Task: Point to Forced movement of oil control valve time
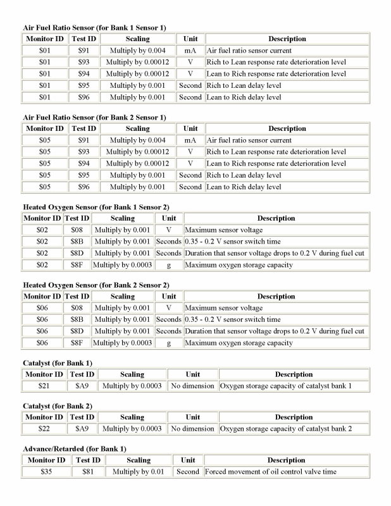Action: click(270, 472)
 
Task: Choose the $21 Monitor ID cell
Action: click(43, 386)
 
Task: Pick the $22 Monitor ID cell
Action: click(43, 429)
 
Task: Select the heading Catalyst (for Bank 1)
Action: click(58, 362)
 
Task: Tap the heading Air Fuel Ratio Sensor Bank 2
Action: click(94, 117)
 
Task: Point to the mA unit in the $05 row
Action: click(190, 140)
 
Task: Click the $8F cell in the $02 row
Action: click(77, 265)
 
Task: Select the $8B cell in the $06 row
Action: click(77, 319)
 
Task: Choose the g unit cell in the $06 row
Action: click(169, 343)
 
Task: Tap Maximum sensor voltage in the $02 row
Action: click(223, 230)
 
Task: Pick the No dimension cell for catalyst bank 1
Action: click(193, 386)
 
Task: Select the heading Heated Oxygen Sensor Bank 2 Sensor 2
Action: click(96, 285)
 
